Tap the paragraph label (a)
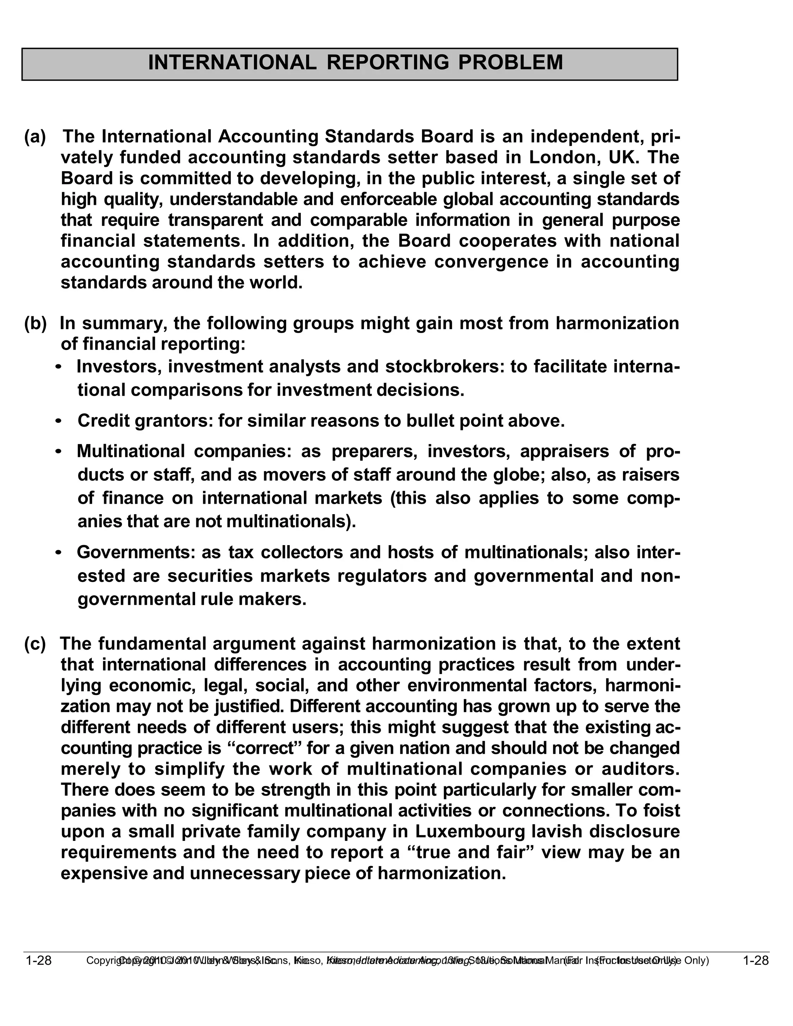(x=35, y=137)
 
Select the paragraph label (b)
(x=35, y=323)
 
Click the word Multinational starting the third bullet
(x=131, y=451)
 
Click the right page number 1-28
(x=755, y=961)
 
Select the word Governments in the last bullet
(x=136, y=552)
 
